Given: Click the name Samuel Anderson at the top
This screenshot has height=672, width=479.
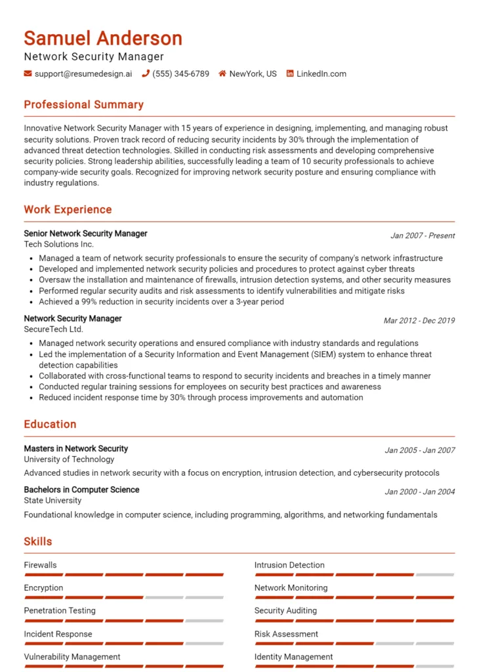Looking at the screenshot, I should point(103,37).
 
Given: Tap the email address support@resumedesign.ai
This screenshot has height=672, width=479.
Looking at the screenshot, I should point(83,74).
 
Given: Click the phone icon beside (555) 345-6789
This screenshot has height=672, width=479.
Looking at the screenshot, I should point(146,74).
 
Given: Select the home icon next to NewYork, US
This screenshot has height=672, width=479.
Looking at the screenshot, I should point(222,74).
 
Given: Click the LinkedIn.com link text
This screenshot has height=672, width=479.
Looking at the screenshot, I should point(321,74).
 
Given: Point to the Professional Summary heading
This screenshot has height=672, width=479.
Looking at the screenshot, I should point(83,105).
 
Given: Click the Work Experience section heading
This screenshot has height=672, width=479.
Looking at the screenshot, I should point(68,210).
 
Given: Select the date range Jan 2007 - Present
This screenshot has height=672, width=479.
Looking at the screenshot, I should point(423,236).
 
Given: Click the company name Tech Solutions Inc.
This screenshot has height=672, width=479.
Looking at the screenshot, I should point(58,244).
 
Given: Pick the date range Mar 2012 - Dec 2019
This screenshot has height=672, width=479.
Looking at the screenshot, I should point(419,321).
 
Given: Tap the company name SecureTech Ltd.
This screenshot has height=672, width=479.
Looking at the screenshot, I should point(53,329).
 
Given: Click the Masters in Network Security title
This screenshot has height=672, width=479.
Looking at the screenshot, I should point(75,449).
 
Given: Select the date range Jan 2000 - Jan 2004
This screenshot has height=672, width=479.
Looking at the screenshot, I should point(419,492).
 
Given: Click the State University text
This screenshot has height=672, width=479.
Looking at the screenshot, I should point(52,501).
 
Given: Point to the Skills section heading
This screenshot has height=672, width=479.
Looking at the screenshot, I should point(38,542).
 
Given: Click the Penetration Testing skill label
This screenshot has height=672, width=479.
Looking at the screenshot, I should point(60,611).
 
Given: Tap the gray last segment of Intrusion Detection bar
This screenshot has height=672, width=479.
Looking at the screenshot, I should point(435,575).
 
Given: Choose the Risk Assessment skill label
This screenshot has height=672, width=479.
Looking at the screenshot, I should point(286,634).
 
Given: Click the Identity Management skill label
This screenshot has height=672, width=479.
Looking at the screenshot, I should point(293,657).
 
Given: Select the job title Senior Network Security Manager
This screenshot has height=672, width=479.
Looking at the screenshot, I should point(85,234).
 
